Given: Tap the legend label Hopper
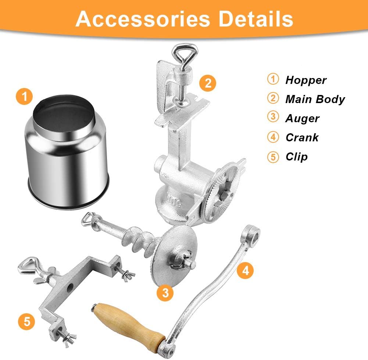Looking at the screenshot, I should point(306,80).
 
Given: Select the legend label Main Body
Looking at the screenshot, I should point(315,99).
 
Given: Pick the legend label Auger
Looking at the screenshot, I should point(302,119).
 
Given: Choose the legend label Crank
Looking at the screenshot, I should point(302,138).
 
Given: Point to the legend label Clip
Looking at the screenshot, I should point(296,157).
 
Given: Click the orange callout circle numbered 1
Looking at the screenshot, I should point(25,97).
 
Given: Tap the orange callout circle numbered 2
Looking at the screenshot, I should point(208,83).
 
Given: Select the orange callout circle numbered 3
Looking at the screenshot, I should point(165,293).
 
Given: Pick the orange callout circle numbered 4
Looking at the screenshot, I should point(246,271).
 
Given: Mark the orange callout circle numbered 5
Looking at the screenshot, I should point(27,321).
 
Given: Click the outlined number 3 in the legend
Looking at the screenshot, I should point(272,119).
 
